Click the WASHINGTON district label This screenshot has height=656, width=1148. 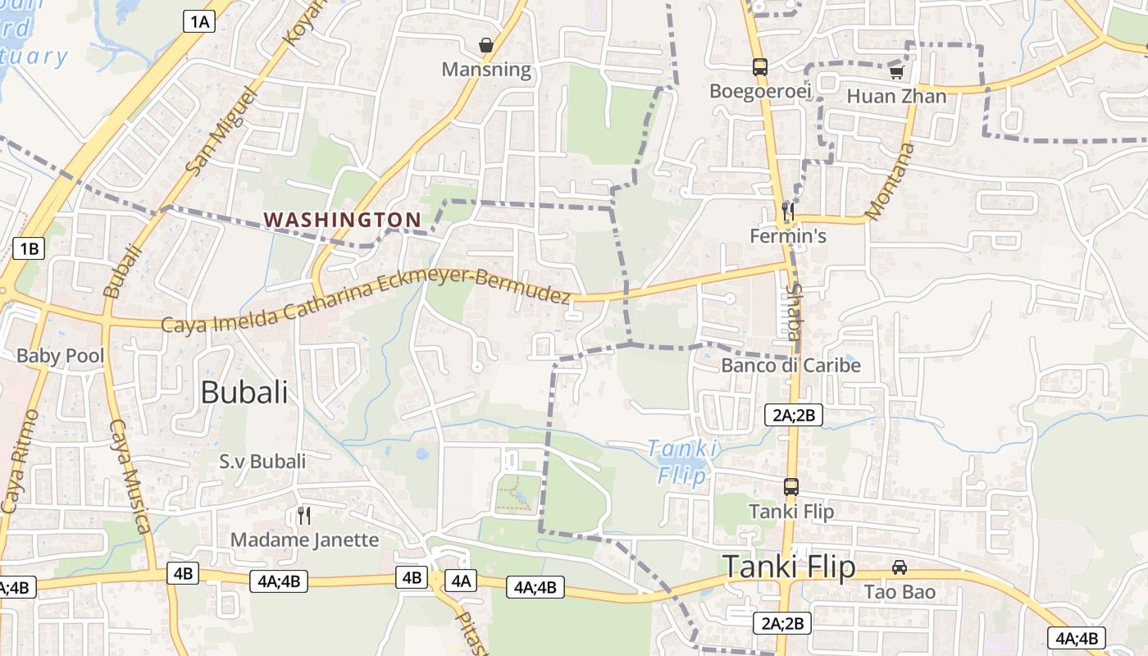(x=342, y=220)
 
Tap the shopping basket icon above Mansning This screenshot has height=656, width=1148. (x=486, y=44)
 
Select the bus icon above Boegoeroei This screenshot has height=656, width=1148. (x=760, y=66)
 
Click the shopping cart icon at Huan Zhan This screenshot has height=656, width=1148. (x=896, y=72)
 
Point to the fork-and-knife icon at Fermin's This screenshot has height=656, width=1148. (x=788, y=211)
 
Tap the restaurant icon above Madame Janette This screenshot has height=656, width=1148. (x=304, y=515)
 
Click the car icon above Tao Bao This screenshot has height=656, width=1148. (x=900, y=567)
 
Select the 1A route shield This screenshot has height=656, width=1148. (x=198, y=21)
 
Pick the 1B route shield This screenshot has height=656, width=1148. (x=29, y=248)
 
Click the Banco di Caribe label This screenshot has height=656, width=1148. (x=791, y=365)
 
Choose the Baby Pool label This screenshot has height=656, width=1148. (x=61, y=356)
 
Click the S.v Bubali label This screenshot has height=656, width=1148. (x=262, y=462)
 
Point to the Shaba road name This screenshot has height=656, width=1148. (x=793, y=312)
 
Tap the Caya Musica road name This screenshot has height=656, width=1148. (x=130, y=476)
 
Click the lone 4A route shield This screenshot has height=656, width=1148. (x=460, y=581)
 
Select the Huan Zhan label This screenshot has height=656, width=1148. (x=896, y=96)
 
